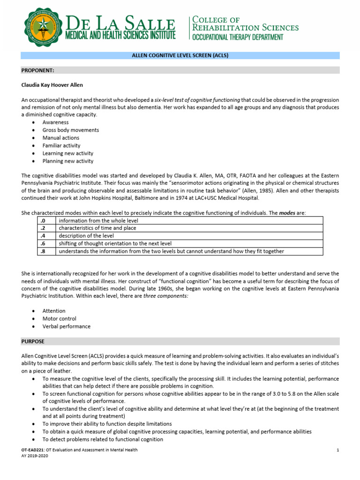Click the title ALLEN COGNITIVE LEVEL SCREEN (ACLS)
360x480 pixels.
(180, 55)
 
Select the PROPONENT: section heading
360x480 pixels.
(38, 70)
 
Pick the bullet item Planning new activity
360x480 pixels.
(67, 161)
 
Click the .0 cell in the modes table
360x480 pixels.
(46, 221)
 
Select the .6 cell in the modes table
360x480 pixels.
(46, 243)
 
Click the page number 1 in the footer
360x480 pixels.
(337, 450)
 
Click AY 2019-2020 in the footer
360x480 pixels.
(35, 456)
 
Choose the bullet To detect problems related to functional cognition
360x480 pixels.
(103, 439)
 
